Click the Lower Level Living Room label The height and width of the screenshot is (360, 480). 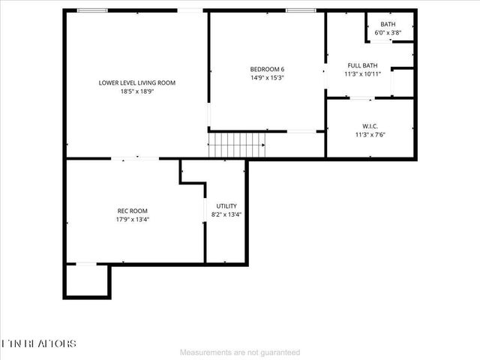pos(137,82)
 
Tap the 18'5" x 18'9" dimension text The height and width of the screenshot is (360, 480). pos(137,91)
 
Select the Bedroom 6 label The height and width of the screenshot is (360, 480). pos(267,69)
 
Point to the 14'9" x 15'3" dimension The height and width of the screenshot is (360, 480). pos(267,78)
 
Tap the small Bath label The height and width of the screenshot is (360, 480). pos(388,24)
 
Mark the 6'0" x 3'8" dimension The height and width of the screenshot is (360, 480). pos(388,33)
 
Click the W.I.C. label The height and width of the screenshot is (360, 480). pos(370,126)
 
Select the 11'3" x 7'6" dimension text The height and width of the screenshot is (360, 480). pos(370,135)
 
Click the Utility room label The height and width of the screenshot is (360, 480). pos(226,205)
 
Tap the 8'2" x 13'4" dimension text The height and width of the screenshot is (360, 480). pos(226,214)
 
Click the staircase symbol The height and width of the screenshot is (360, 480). pos(237,144)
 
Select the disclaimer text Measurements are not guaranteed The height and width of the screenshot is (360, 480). pos(240,352)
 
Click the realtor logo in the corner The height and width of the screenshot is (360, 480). pos(39,343)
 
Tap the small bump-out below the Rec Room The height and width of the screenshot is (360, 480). pos(87,281)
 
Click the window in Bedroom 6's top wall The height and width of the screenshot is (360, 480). pos(300,10)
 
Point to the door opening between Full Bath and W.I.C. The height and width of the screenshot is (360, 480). pos(362,98)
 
